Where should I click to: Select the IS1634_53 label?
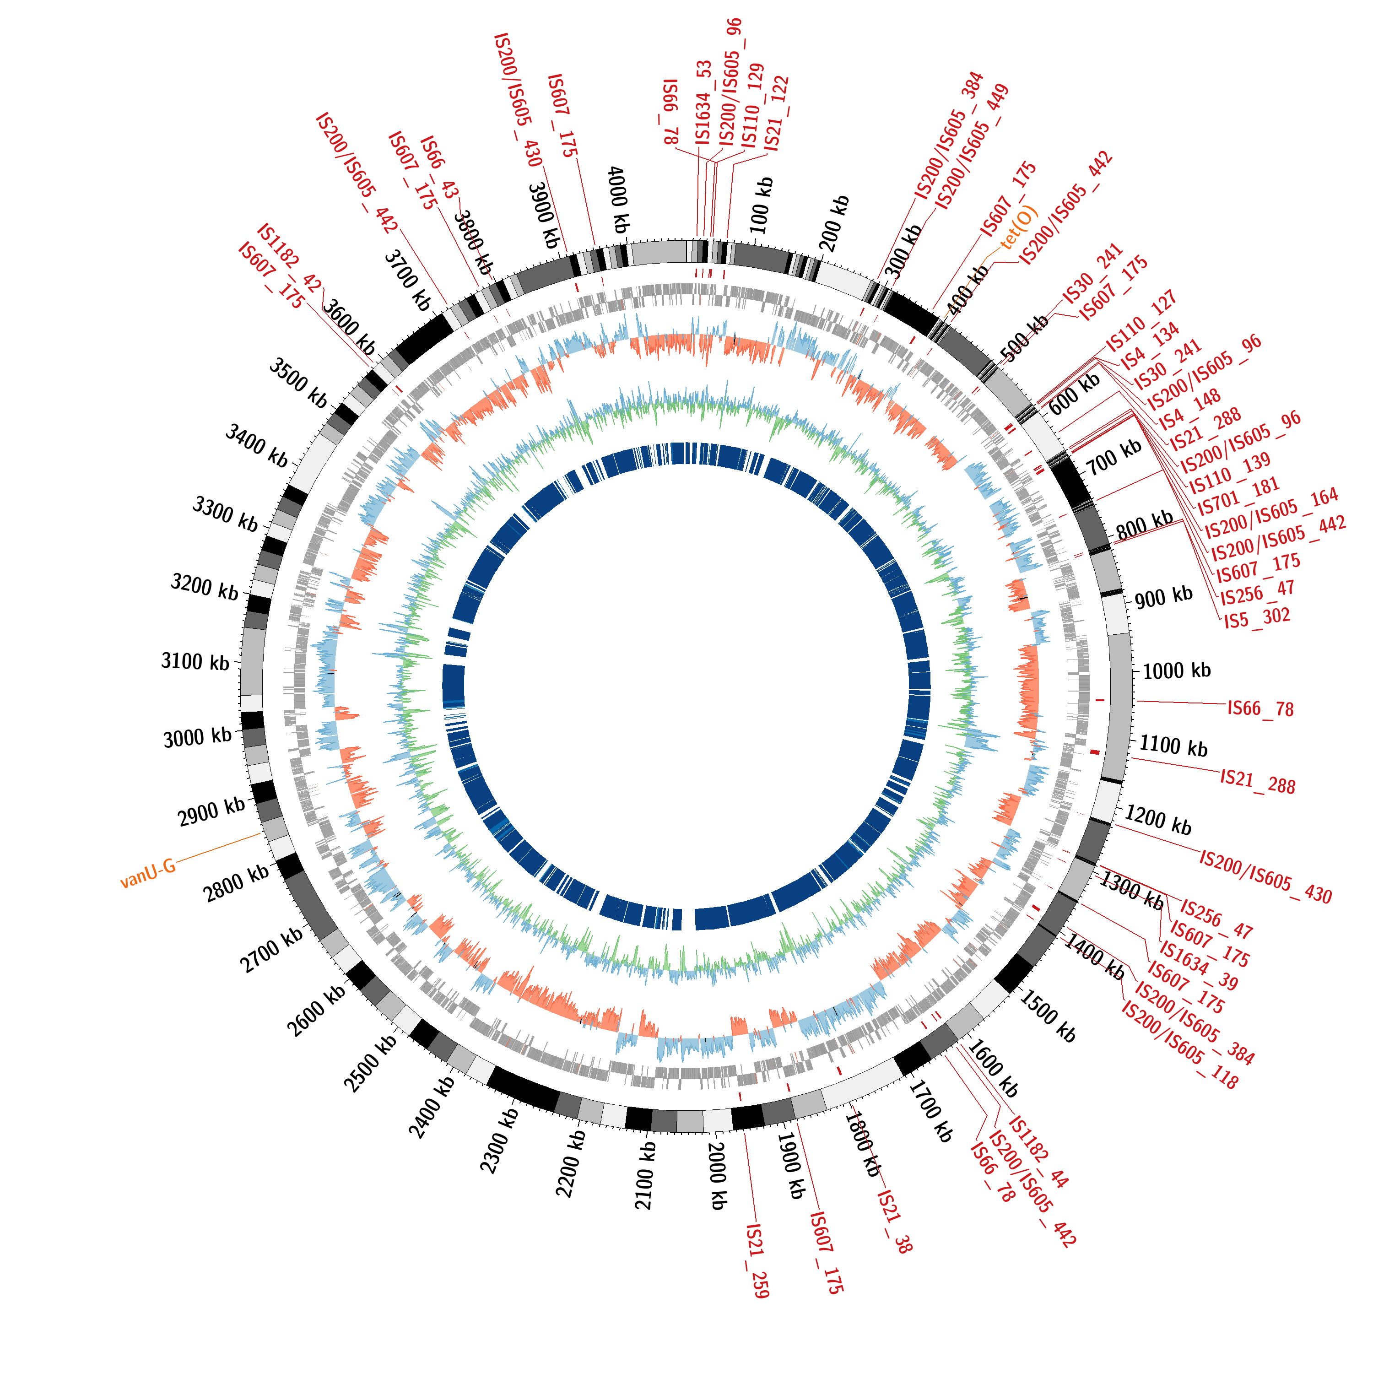point(703,103)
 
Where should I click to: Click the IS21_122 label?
point(776,114)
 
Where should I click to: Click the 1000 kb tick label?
point(1176,670)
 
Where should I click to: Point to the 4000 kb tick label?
point(618,200)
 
